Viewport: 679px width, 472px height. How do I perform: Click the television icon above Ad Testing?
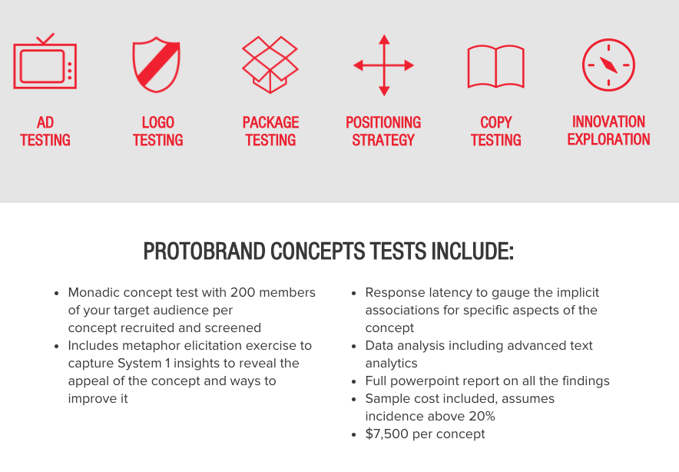(45, 45)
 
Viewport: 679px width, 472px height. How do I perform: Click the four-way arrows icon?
(384, 65)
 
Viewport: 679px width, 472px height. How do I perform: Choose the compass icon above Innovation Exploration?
(608, 65)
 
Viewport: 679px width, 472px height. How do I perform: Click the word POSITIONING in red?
(383, 123)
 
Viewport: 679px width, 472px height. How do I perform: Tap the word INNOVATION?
(608, 121)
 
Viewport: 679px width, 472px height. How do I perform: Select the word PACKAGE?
(270, 123)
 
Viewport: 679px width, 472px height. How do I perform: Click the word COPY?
(496, 123)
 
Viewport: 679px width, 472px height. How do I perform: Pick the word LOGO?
(158, 123)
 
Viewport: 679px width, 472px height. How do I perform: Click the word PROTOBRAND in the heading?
(204, 251)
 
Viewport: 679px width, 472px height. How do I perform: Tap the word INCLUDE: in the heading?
(472, 251)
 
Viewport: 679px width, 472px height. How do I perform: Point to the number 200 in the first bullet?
(243, 293)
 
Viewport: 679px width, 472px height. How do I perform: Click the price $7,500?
(386, 434)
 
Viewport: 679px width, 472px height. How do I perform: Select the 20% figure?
(482, 416)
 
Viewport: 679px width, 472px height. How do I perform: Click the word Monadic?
(94, 293)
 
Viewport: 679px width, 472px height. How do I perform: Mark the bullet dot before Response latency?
(354, 294)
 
